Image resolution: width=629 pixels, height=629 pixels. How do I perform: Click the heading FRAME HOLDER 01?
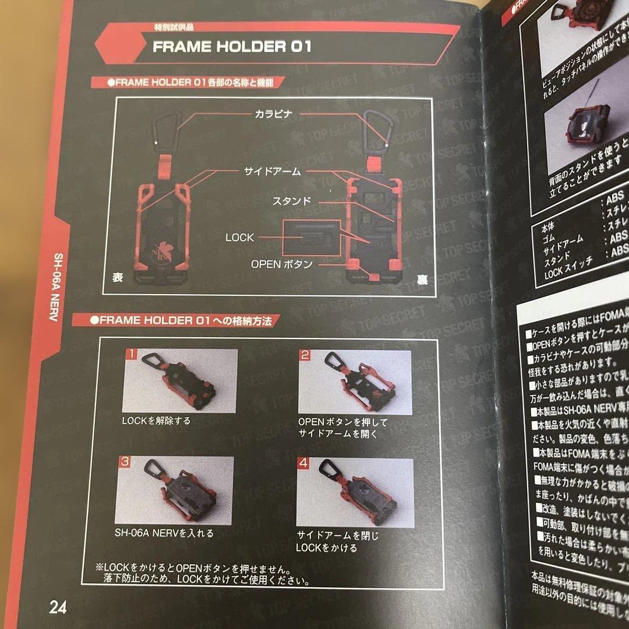coord(232,47)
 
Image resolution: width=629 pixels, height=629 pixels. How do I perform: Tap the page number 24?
coord(58,607)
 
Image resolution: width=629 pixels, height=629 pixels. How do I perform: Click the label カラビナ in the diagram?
coord(272,114)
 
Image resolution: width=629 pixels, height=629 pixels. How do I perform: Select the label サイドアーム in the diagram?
coord(272,171)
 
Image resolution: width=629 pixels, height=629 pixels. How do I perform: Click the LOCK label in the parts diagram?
coord(239,238)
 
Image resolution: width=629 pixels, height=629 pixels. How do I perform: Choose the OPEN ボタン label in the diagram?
coord(282,264)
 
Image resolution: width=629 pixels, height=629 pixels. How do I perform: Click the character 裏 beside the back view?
coord(421,280)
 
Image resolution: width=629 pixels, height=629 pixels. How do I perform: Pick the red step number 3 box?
coord(125,462)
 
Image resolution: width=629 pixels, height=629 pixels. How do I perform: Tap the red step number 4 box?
coord(303,464)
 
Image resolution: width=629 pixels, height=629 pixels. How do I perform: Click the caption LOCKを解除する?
coord(156,420)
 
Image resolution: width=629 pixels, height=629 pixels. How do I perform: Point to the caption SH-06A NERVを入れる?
coord(164,532)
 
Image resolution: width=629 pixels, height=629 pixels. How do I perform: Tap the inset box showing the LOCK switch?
coord(311,236)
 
